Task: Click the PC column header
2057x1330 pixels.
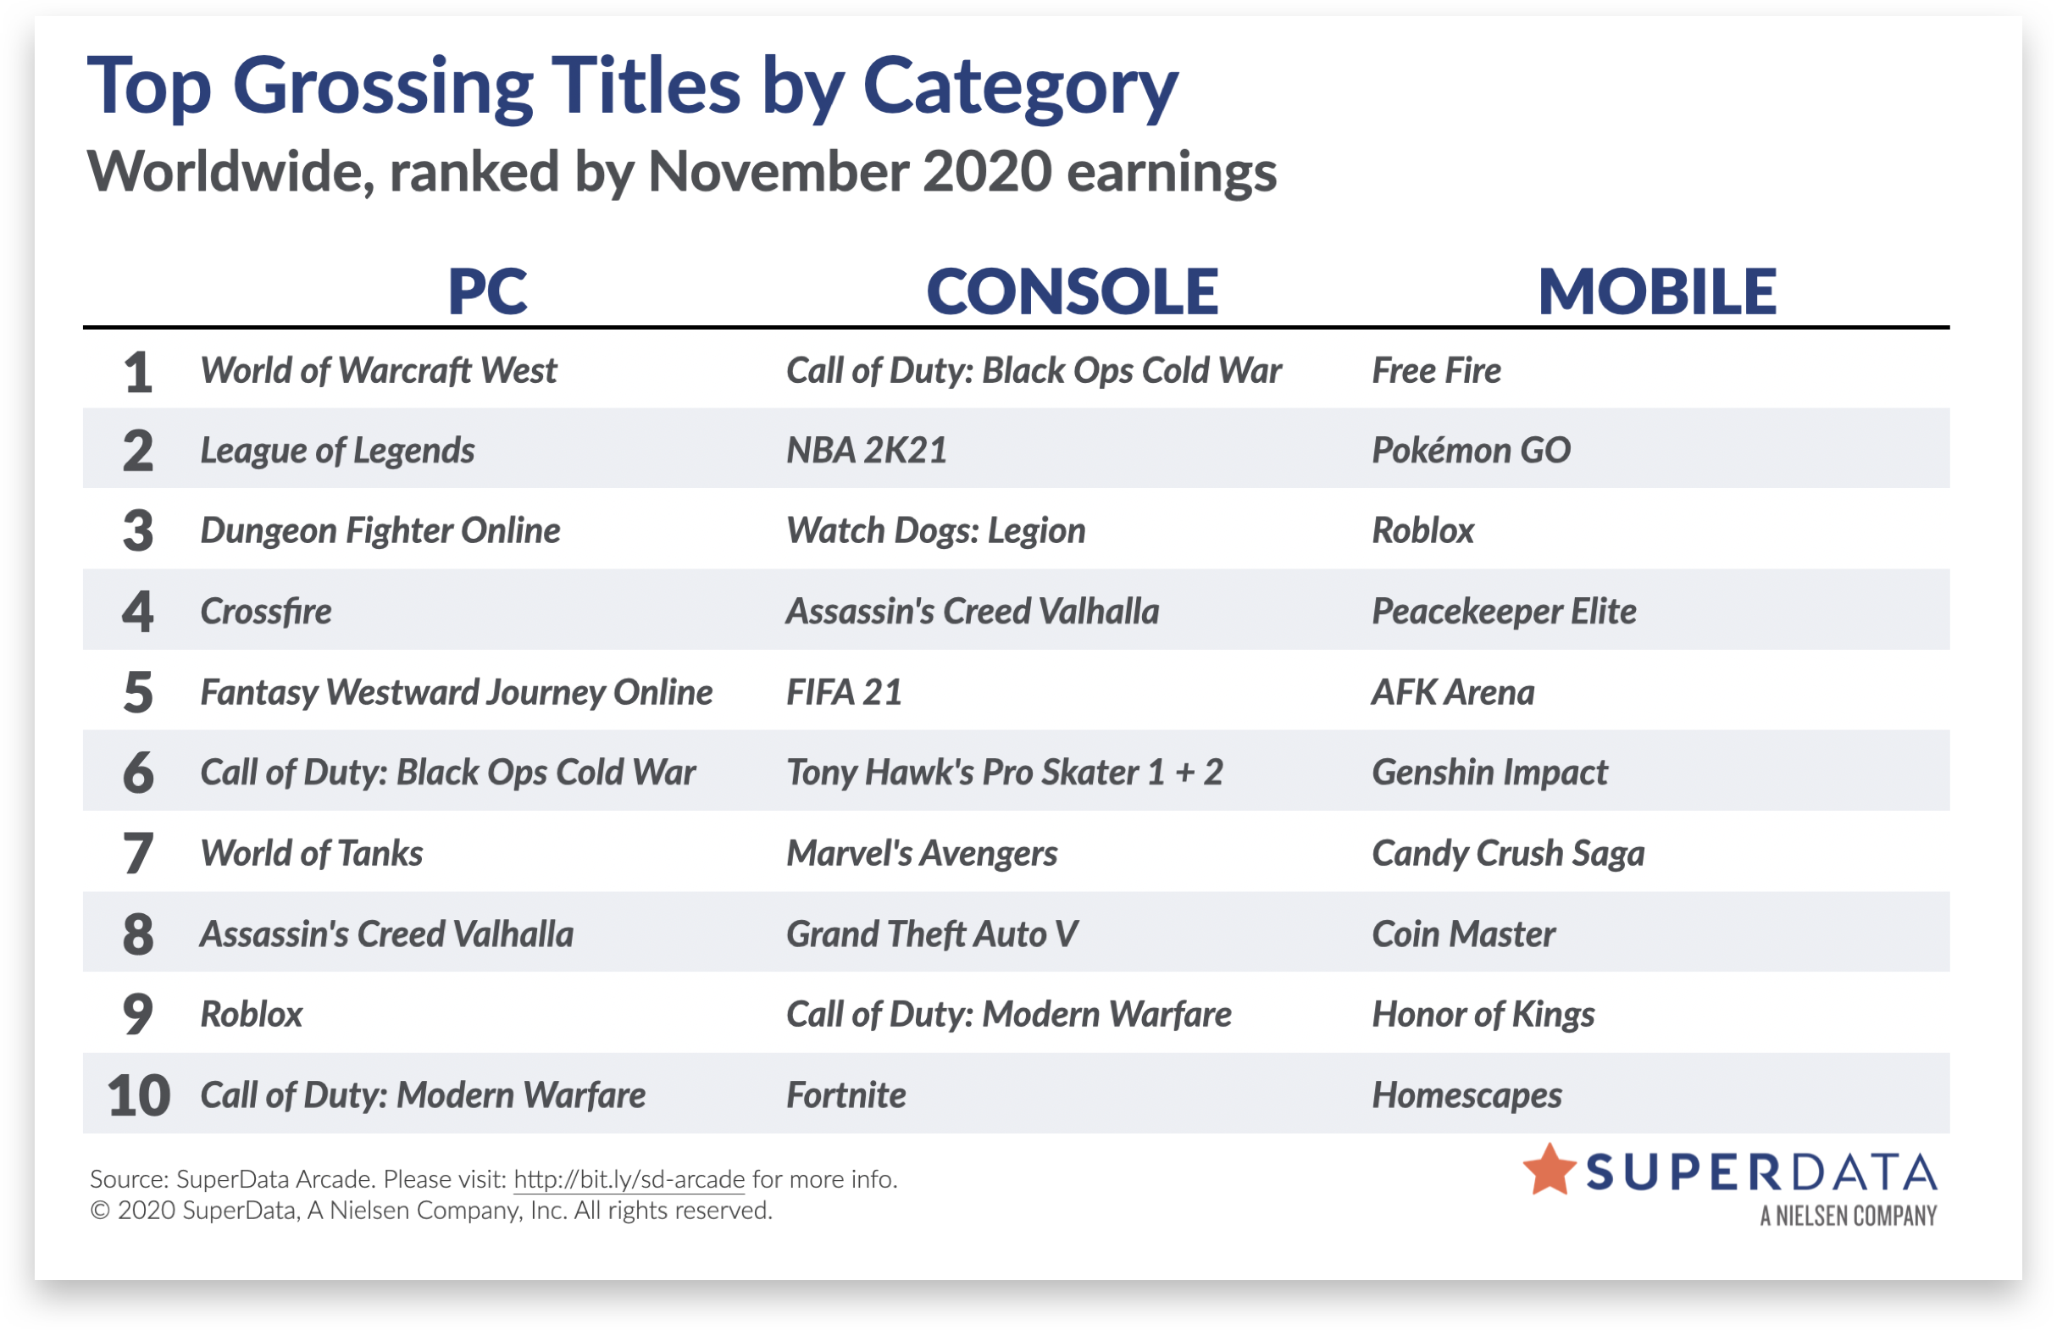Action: click(x=487, y=291)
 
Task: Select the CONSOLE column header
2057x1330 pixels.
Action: click(x=1072, y=291)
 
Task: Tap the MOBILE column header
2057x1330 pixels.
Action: click(x=1657, y=291)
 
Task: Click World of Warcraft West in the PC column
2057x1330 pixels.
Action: click(x=378, y=370)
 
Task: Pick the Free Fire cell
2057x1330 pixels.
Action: click(x=1436, y=370)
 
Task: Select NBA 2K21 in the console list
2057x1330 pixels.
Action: click(x=866, y=450)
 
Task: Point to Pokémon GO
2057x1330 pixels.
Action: click(x=1471, y=450)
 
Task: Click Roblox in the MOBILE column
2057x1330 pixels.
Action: click(x=1423, y=530)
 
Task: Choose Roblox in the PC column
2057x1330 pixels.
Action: click(x=252, y=1014)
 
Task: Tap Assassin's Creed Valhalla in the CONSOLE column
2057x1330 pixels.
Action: click(x=973, y=611)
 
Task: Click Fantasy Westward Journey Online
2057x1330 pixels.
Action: click(x=456, y=692)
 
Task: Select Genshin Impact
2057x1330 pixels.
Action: click(x=1489, y=772)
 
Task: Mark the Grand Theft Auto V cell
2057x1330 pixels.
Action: click(x=932, y=934)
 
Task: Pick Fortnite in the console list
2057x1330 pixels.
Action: click(x=846, y=1095)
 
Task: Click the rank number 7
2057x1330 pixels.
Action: click(x=138, y=853)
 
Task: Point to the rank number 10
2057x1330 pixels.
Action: click(x=138, y=1095)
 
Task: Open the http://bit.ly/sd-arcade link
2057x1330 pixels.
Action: click(x=629, y=1179)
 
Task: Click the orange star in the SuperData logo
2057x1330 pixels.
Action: click(x=1550, y=1170)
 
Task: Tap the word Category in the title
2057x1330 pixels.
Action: click(x=1020, y=88)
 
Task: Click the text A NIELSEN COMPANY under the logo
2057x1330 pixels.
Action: click(x=1848, y=1216)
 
